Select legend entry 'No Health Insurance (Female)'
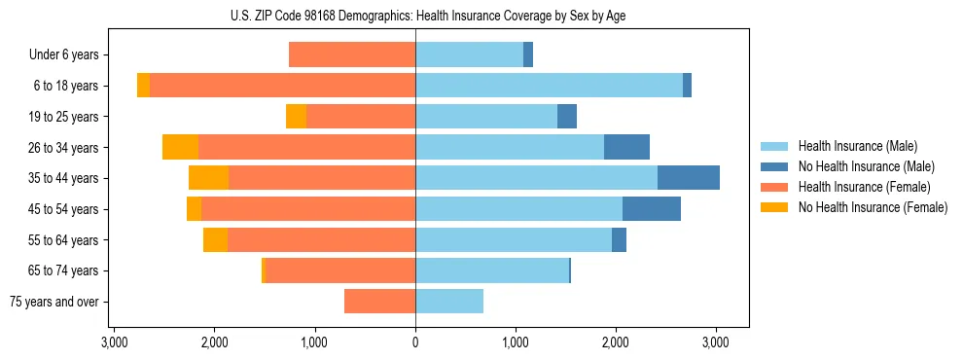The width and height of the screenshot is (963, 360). click(873, 207)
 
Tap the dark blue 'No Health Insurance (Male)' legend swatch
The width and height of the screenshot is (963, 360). click(774, 167)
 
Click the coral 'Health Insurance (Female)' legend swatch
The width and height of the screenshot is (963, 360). click(774, 187)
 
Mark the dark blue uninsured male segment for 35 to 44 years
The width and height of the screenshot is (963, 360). click(689, 178)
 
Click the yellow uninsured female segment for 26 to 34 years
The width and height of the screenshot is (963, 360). click(180, 147)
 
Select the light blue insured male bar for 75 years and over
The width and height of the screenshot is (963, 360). click(449, 302)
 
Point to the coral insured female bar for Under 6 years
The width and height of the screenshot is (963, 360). click(352, 55)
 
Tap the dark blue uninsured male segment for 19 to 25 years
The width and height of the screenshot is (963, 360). click(567, 117)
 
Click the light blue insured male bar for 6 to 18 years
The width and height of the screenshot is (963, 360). click(549, 86)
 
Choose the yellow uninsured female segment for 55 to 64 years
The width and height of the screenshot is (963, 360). click(215, 239)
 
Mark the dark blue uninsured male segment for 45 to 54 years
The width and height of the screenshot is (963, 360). click(652, 209)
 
